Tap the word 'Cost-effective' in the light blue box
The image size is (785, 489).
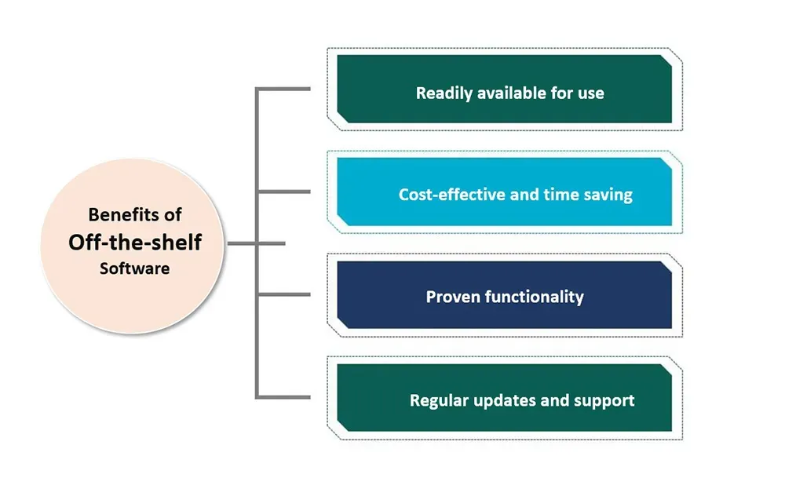click(x=451, y=195)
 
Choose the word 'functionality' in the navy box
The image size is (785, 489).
click(x=534, y=297)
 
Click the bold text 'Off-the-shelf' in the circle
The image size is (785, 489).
click(x=134, y=243)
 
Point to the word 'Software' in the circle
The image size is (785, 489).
click(x=134, y=268)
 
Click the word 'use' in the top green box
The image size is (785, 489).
click(x=590, y=93)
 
